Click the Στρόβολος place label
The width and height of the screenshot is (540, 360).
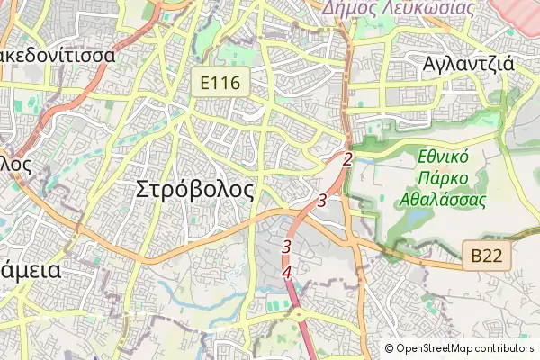(194, 190)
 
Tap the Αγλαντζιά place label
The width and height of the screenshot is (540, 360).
(468, 64)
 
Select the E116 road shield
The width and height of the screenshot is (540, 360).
(221, 84)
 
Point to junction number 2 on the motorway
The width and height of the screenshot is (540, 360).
(346, 159)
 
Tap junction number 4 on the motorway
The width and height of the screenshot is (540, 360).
(287, 272)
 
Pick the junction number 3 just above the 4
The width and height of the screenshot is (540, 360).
(286, 246)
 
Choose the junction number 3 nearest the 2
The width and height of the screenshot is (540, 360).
(321, 200)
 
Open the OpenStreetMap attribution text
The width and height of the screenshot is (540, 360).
(436, 348)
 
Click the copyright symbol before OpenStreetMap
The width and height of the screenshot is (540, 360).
(389, 348)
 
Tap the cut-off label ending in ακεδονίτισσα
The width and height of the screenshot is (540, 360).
(58, 56)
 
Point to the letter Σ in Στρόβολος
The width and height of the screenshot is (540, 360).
(142, 190)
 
